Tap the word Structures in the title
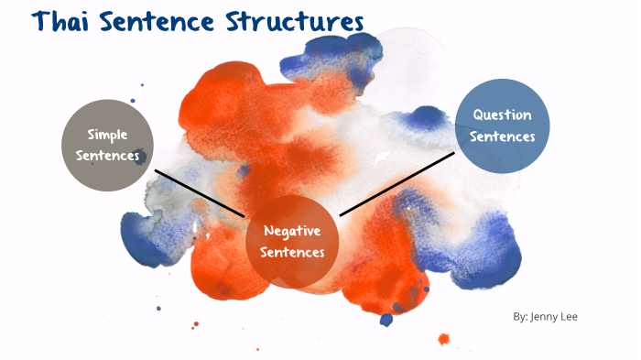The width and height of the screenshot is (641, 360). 295,23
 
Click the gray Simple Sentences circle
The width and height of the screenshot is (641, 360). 107,145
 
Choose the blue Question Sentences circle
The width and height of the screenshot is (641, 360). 503,125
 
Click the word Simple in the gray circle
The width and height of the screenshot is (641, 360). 107,135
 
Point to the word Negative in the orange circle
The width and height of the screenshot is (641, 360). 292,231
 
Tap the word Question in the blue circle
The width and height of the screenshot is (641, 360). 503,115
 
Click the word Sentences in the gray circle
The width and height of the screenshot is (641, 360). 107,156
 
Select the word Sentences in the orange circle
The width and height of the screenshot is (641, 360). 292,253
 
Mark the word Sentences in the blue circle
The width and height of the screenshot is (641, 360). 503,136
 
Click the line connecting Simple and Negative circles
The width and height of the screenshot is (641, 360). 200,192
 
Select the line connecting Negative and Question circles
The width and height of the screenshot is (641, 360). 397,185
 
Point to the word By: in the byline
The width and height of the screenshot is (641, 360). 520,317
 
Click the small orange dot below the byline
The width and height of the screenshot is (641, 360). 444,339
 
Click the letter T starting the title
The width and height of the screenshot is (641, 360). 41,23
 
